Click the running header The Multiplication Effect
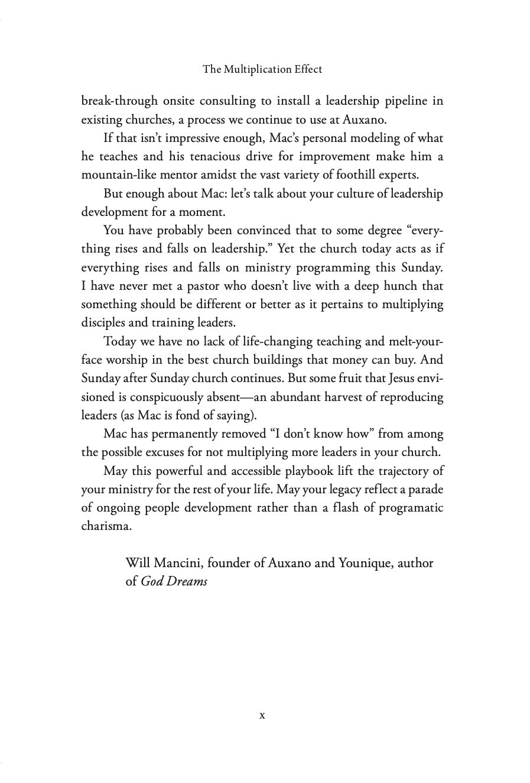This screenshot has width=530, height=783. [262, 69]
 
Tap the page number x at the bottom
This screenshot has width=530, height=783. [262, 716]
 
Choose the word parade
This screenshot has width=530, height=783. [424, 489]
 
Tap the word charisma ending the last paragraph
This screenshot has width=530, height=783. [106, 526]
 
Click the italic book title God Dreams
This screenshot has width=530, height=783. [174, 581]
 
